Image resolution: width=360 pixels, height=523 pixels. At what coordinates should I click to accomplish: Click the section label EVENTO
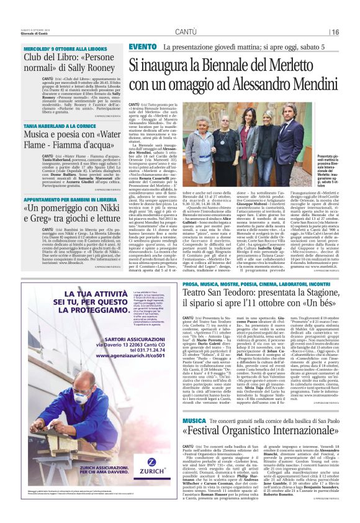[x=143, y=47]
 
